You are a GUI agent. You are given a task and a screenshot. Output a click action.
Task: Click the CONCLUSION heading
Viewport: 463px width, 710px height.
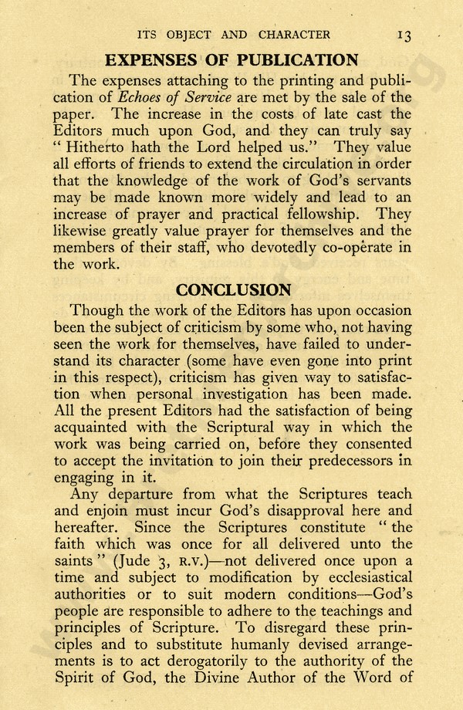234,290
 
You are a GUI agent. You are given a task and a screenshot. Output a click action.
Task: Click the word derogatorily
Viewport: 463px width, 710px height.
182,661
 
